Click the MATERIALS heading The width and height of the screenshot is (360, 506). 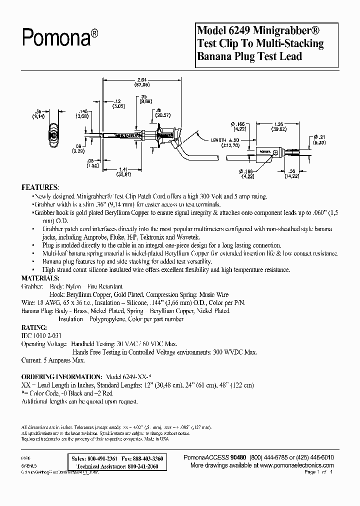[x=43, y=278]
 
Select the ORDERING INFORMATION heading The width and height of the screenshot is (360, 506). [x=61, y=376]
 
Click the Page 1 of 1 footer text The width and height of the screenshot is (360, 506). [x=318, y=471]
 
